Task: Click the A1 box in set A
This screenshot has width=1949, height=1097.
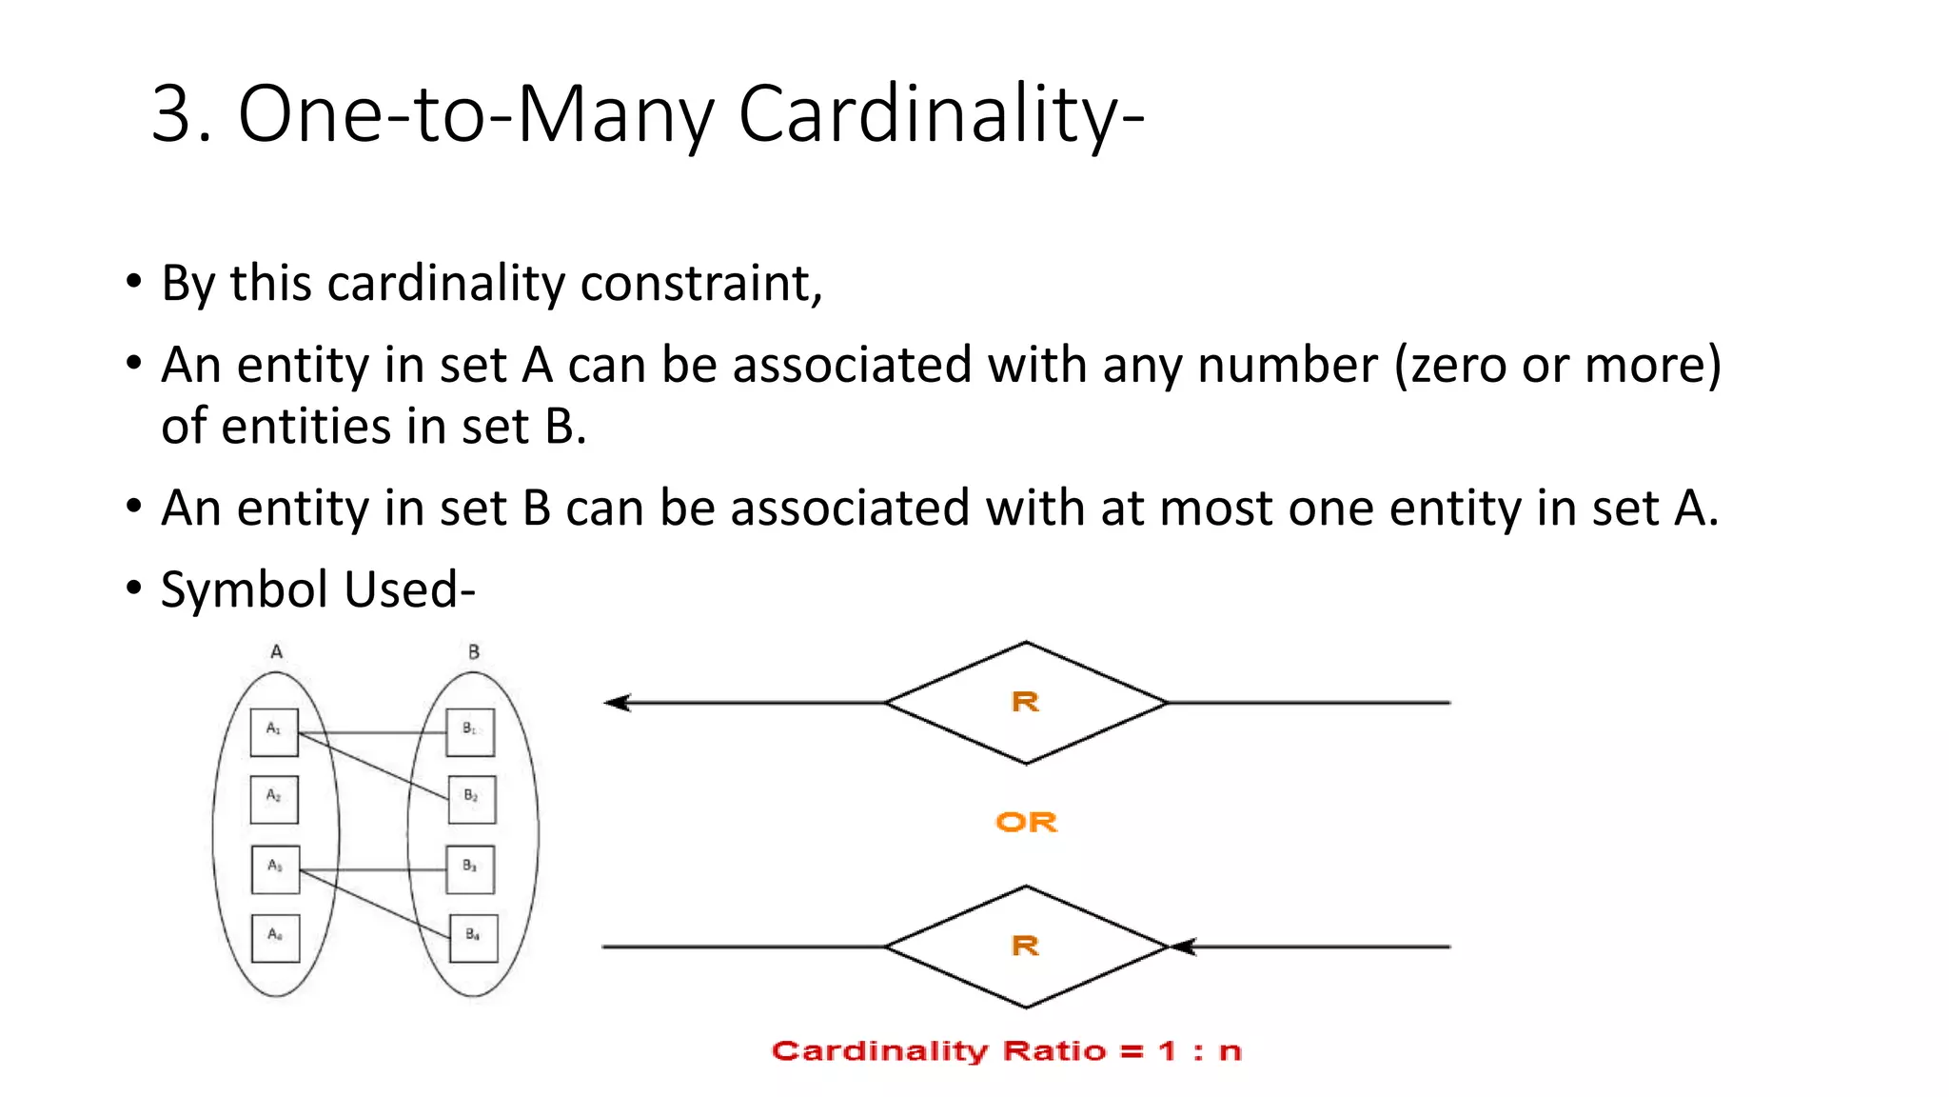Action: pos(274,731)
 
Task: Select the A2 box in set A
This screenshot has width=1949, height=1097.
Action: pos(274,799)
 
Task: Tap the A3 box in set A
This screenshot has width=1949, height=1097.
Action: pos(275,868)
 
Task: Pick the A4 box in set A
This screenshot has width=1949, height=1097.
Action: pos(275,938)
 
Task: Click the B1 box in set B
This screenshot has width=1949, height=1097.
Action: pos(470,731)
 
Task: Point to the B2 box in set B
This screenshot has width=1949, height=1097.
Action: pos(471,799)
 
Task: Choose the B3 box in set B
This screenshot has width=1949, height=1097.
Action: pos(470,868)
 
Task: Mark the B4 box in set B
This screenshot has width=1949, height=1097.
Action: pos(473,938)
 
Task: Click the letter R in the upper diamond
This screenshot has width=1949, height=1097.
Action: pos(1025,703)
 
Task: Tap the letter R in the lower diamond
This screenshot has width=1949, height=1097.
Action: pos(1025,947)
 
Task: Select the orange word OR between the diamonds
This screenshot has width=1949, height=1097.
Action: pos(1026,822)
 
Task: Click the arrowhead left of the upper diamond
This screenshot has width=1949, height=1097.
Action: pos(618,703)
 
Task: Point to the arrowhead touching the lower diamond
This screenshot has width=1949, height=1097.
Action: pos(1181,947)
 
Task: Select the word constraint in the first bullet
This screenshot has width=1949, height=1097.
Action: pos(700,284)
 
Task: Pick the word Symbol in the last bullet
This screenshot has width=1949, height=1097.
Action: pos(247,589)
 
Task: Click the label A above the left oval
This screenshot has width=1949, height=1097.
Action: pos(276,652)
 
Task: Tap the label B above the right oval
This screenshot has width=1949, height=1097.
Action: pos(474,652)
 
